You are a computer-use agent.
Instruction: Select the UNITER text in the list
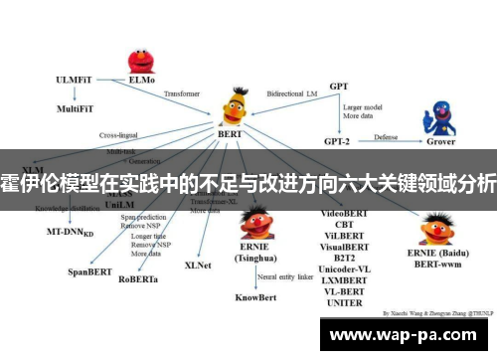(x=345, y=302)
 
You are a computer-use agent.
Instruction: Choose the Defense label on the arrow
(x=387, y=136)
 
